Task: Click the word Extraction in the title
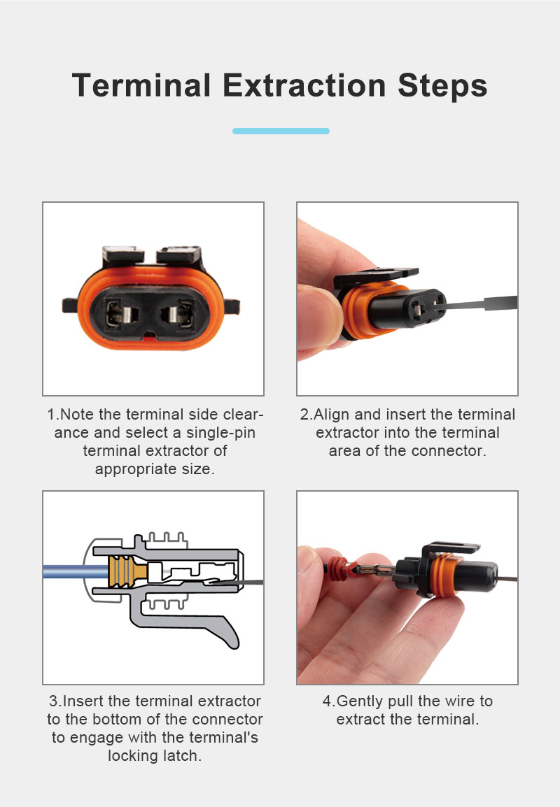[x=304, y=85]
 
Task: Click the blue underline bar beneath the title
[x=281, y=131]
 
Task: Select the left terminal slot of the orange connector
[x=122, y=313]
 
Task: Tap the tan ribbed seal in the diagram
[x=128, y=571]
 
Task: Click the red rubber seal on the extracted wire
[x=338, y=569]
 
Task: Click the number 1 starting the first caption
[x=51, y=415]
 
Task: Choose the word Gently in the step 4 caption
[x=360, y=701]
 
